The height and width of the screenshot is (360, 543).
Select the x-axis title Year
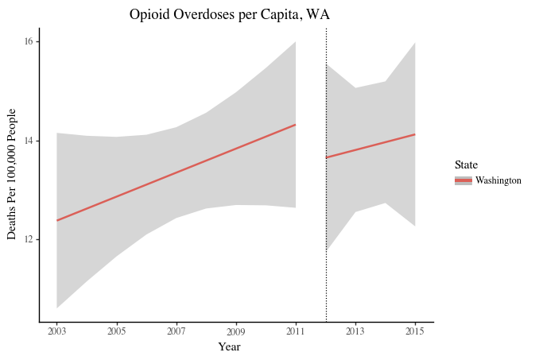click(230, 346)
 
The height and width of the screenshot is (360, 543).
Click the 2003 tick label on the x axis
click(57, 331)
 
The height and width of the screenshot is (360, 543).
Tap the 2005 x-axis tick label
click(117, 331)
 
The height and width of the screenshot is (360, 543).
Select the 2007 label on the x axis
click(176, 331)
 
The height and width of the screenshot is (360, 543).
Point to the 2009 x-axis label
click(236, 331)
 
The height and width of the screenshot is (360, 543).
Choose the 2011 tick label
click(296, 331)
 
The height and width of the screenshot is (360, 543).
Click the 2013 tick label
click(355, 331)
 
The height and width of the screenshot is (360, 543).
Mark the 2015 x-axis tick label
click(415, 331)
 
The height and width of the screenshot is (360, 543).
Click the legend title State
click(466, 165)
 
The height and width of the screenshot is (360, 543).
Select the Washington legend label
click(498, 180)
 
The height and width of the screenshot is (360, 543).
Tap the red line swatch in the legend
click(463, 180)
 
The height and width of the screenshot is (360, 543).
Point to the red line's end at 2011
click(296, 125)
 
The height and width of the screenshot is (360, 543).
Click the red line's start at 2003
click(57, 220)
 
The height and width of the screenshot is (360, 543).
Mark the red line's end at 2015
click(415, 134)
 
